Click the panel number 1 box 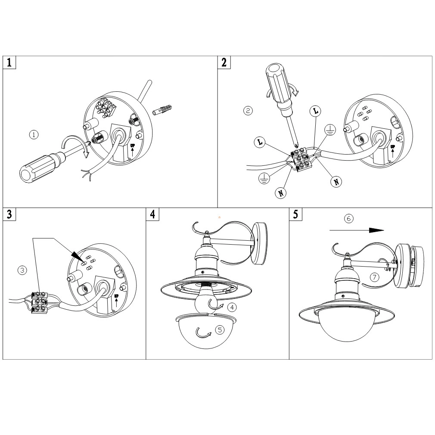[x=9, y=62]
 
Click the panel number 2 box [x=224, y=62]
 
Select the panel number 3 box [x=9, y=214]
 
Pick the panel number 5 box [x=295, y=214]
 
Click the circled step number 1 [x=34, y=134]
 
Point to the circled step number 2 [x=248, y=111]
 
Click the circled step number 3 [x=22, y=270]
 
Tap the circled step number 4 [x=232, y=308]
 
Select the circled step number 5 [x=220, y=330]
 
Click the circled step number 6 [x=349, y=219]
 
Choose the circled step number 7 [x=375, y=277]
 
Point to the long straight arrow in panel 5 [x=357, y=230]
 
